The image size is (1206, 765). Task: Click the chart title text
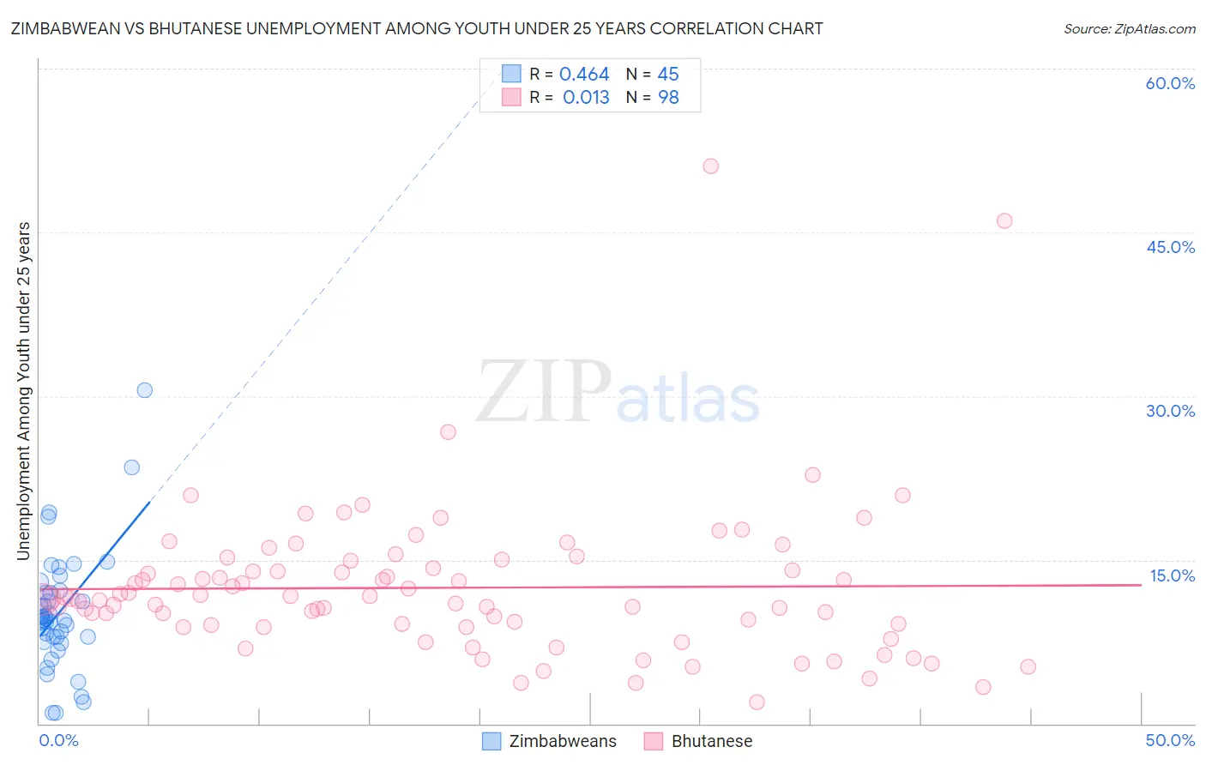tap(417, 29)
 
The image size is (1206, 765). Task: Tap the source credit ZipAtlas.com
tap(1129, 29)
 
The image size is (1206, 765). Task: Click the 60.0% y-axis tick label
tap(1170, 83)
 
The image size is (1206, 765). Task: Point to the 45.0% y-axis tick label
tap(1170, 247)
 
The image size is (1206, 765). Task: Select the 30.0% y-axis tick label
tap(1170, 411)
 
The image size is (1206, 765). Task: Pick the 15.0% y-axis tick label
tap(1172, 575)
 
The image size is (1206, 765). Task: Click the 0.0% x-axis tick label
tap(58, 740)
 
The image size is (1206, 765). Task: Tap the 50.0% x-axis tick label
tap(1170, 740)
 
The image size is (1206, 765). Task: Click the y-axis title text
tap(24, 391)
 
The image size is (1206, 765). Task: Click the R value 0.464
tap(584, 75)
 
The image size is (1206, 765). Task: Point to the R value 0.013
tap(586, 98)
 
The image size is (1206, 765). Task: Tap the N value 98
tap(668, 98)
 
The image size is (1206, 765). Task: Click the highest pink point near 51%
tap(710, 166)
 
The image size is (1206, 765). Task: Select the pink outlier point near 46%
tap(1004, 221)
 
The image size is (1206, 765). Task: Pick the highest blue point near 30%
tap(145, 390)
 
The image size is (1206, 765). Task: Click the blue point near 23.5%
tap(132, 467)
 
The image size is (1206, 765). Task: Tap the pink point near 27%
tap(448, 432)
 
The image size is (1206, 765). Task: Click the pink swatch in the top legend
tap(511, 97)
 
